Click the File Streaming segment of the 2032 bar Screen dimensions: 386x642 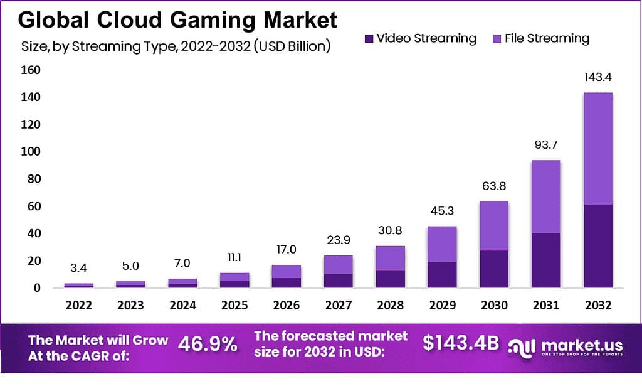pos(597,148)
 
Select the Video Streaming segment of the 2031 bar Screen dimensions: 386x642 pos(545,260)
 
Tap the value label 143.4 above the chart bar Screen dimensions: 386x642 pos(597,78)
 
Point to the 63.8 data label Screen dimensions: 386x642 pos(493,186)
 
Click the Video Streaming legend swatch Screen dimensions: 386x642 pos(369,39)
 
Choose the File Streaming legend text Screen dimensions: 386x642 pos(547,38)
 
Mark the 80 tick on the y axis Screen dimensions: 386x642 pos(33,179)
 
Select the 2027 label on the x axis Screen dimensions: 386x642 pos(339,306)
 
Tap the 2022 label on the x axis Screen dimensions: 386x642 pos(79,306)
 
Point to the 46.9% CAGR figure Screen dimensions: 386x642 pos(208,343)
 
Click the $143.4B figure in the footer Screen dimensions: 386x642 pos(461,343)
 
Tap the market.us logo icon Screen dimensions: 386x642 pos(522,346)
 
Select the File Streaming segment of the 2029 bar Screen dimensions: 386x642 pos(442,244)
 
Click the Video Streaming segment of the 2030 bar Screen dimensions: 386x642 pos(493,269)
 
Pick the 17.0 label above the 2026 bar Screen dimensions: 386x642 pos(287,250)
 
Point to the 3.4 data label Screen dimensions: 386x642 pos(79,269)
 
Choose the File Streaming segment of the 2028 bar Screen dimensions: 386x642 pos(390,257)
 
